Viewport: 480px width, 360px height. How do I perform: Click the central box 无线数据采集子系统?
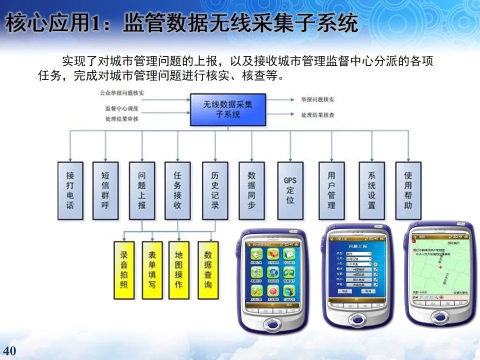pos(227,109)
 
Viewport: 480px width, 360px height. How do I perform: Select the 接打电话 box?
pos(70,190)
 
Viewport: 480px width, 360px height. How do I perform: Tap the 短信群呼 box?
pos(105,190)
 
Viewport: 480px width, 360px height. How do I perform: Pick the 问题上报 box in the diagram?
pos(141,190)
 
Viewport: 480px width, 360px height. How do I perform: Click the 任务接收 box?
pos(177,190)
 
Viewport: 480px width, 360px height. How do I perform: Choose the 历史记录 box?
pos(215,190)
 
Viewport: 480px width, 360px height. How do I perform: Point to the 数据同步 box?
pos(251,190)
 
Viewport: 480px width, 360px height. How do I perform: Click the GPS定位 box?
pos(290,190)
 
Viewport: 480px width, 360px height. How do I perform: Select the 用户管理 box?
pos(331,190)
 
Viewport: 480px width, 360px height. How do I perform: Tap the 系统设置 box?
pos(371,190)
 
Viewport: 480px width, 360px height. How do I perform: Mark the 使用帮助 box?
pos(408,190)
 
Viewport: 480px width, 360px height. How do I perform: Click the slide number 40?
pos(9,349)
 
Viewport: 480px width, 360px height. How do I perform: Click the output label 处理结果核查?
pos(317,115)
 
